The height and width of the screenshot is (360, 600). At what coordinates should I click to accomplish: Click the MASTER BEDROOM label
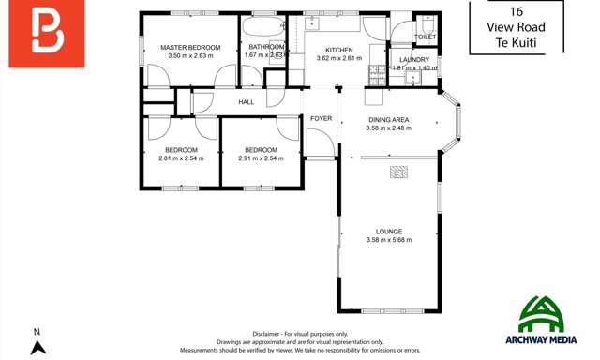189,47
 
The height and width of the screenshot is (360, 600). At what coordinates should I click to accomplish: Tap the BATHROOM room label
266,47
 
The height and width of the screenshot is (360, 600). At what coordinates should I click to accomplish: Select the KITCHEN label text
338,50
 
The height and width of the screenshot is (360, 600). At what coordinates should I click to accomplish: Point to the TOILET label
426,37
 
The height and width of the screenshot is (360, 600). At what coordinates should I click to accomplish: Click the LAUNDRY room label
413,60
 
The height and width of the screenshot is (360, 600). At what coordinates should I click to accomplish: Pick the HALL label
247,102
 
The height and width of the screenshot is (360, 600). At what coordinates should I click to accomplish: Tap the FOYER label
322,119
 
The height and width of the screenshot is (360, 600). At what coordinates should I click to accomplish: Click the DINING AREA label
388,120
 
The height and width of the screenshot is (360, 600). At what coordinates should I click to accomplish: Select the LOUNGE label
389,232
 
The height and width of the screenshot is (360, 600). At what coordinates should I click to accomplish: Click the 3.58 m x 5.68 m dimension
389,241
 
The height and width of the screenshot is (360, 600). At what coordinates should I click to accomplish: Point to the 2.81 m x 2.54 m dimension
181,158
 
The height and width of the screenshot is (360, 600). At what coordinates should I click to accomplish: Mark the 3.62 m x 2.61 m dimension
338,58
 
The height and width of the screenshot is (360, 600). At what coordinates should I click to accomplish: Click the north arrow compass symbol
37,347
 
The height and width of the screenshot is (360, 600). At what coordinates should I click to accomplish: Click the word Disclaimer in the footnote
272,334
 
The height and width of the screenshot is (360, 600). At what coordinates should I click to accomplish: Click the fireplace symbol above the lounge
399,171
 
